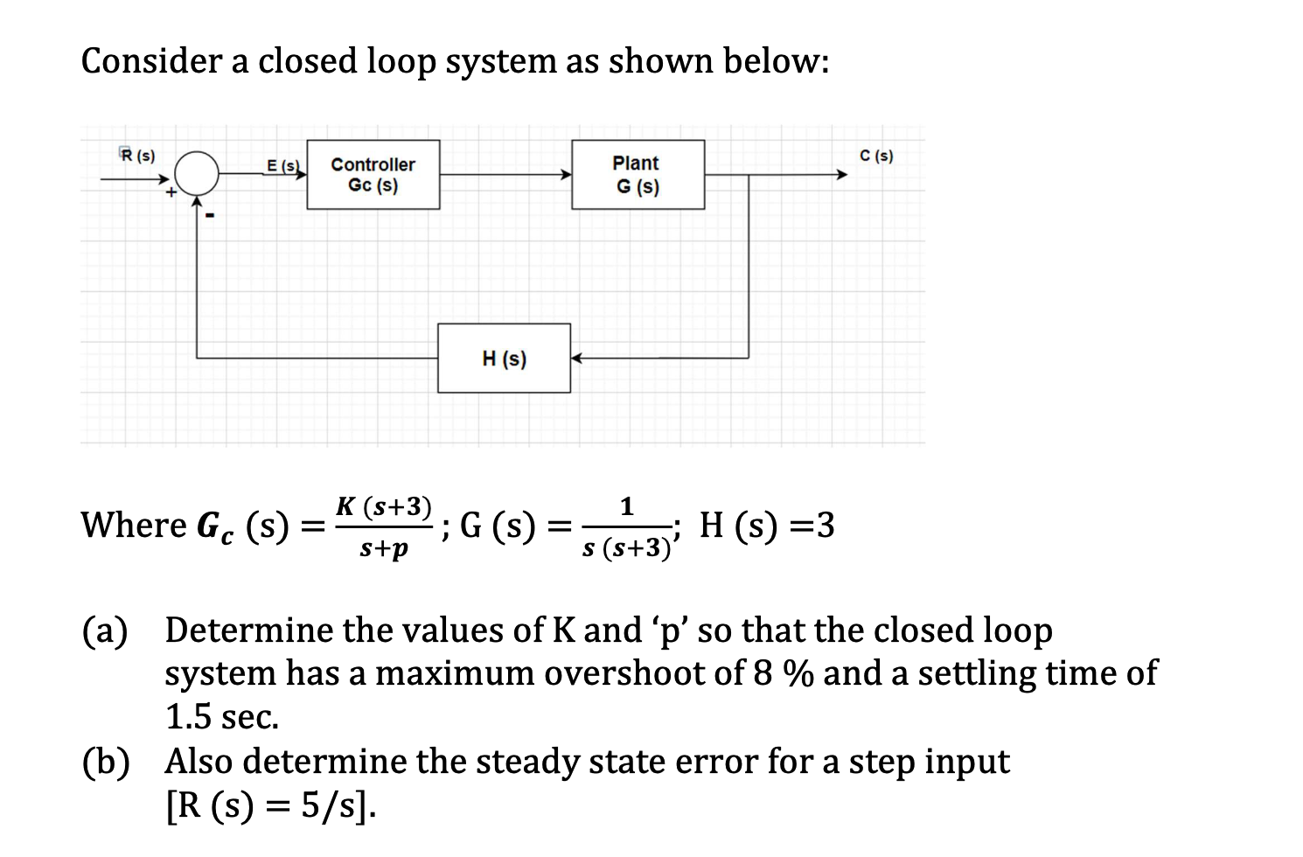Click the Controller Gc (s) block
(x=373, y=176)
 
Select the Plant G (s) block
(x=638, y=176)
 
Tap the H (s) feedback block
(x=504, y=359)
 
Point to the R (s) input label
(x=137, y=156)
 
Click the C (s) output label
(x=876, y=157)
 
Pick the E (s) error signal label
(x=282, y=165)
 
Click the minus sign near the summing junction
(x=211, y=214)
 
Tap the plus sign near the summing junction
(x=172, y=192)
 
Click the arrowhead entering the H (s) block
(x=577, y=358)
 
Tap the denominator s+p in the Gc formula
(x=384, y=549)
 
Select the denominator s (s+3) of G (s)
(x=625, y=549)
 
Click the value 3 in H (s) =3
(x=824, y=526)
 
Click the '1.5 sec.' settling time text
(x=222, y=717)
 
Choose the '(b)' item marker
(x=106, y=761)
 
